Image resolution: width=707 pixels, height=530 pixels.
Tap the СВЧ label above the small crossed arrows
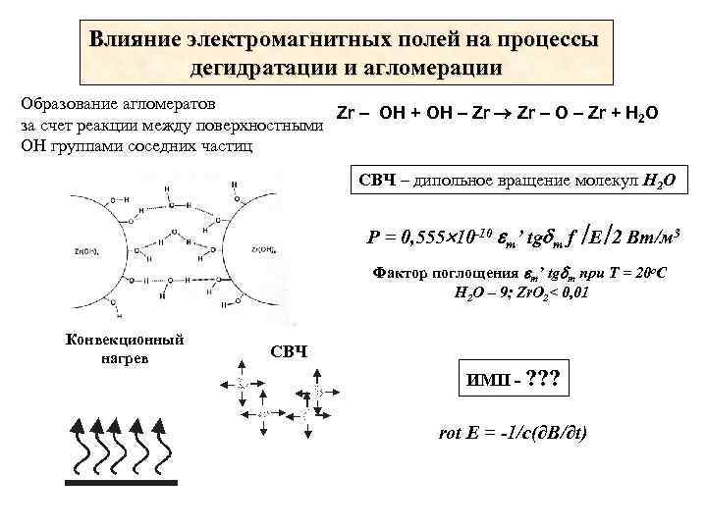point(289,350)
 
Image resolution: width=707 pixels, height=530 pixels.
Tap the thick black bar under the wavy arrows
point(121,482)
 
